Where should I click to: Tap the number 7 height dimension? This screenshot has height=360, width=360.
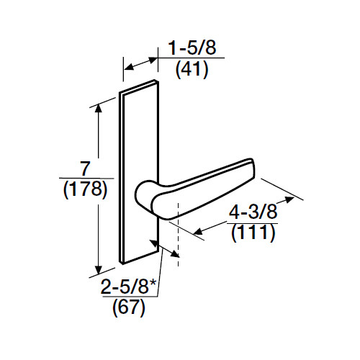84,170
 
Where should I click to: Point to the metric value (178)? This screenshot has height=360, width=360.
84,190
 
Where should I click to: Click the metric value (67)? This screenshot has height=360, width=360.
130,310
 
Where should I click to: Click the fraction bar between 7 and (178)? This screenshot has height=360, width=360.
84,179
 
